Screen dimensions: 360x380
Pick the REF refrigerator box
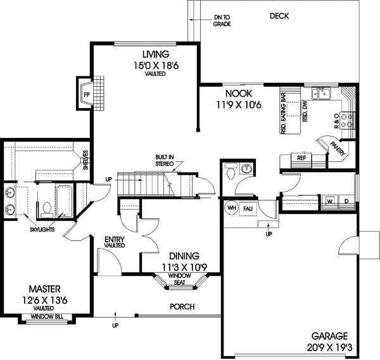tap(301, 159)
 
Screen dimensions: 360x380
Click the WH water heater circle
tap(231, 208)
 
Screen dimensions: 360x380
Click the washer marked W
tap(329, 202)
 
